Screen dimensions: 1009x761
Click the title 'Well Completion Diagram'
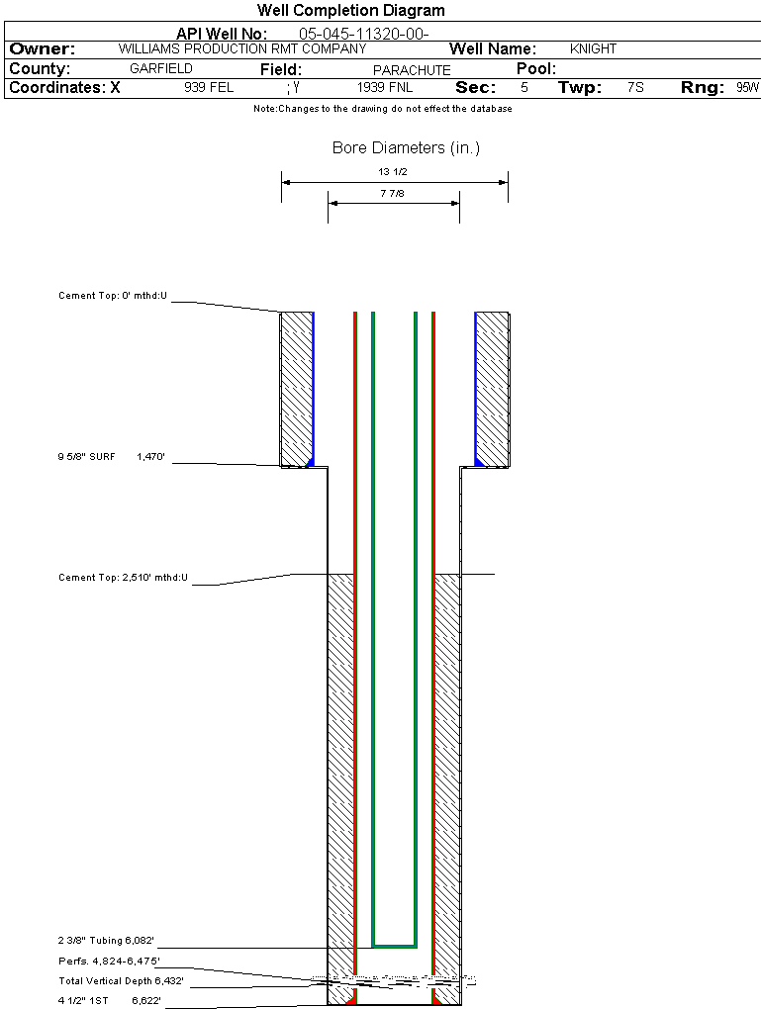coord(351,11)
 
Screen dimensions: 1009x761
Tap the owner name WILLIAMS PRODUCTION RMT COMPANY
coord(241,48)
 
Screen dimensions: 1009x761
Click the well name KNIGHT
coord(593,48)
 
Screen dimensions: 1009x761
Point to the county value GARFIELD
coord(161,69)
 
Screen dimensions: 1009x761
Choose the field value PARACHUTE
coord(412,70)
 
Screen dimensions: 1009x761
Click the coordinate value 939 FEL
coord(209,87)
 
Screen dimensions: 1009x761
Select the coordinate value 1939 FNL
coord(385,87)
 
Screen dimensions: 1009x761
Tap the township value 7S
coord(635,87)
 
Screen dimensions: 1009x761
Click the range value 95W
coord(747,87)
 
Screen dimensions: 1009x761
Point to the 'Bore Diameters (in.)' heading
coord(406,148)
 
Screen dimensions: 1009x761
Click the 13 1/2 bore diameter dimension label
coord(394,172)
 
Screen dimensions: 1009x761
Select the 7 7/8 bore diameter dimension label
coord(394,194)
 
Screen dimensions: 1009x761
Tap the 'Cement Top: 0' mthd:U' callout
coord(113,296)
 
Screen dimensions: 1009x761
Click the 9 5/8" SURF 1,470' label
coord(110,458)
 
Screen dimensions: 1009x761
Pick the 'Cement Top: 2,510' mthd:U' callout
coord(123,577)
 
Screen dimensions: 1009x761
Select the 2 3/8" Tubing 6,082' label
coord(107,940)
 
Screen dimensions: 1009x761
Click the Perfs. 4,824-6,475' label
coord(109,961)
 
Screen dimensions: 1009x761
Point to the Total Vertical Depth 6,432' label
coord(121,981)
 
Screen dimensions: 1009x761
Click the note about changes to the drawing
coord(382,109)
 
